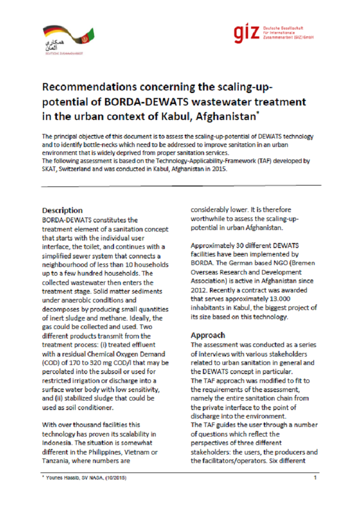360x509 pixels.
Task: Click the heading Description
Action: point(62,210)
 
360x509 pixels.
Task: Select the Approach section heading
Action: point(207,335)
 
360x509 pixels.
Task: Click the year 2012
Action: point(200,290)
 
